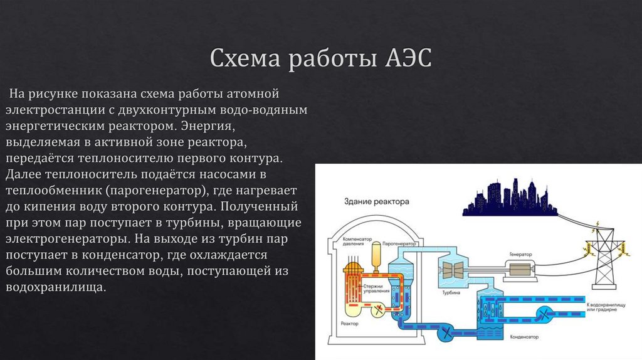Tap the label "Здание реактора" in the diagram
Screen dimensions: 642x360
(376, 203)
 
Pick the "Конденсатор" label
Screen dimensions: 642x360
(525, 337)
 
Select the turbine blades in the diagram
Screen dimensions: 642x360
(452, 270)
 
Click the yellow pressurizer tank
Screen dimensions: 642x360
(376, 255)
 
